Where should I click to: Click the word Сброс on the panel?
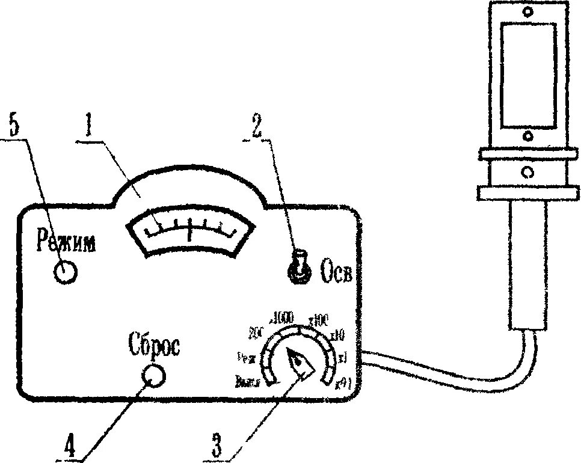tap(154, 345)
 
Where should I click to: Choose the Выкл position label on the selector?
tap(248, 380)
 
